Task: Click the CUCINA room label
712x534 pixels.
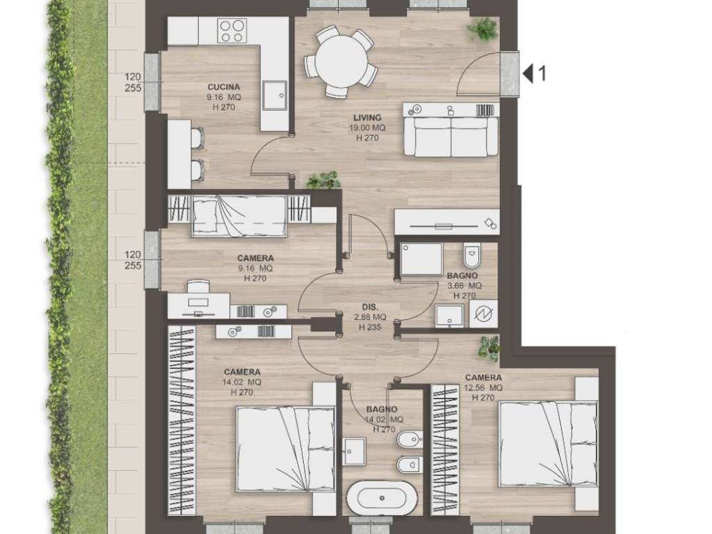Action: point(223,87)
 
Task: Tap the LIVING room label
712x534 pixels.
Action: point(367,118)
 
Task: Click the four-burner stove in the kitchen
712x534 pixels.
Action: point(232,31)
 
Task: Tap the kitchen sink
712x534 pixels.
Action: point(274,95)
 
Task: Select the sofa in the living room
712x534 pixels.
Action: point(451,137)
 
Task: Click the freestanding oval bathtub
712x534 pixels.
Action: point(382,498)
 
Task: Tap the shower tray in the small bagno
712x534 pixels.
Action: point(421,259)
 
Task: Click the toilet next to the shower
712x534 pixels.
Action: point(471,257)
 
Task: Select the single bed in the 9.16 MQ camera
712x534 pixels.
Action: point(240,216)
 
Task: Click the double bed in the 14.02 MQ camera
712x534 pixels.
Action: point(285,448)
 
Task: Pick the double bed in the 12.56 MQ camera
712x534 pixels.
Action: point(548,444)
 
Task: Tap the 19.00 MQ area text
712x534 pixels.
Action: point(367,128)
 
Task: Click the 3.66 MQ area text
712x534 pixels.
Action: point(464,286)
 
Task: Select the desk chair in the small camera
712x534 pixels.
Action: point(198,287)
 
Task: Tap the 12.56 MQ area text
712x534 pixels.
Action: point(483,388)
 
